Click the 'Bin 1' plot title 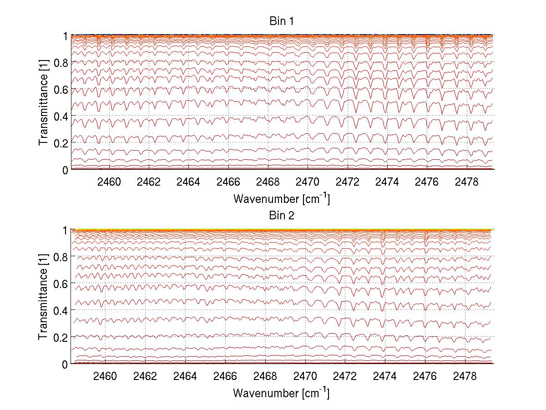281,21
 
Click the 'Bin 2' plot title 281,215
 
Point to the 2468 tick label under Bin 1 268,182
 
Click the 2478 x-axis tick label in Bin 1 465,182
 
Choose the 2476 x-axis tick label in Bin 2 425,376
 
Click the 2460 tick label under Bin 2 105,376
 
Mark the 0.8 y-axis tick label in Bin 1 61,62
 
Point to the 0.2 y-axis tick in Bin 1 61,143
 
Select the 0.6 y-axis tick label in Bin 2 61,283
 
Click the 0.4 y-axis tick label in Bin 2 61,310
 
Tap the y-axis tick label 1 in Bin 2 65,230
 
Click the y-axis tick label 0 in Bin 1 65,170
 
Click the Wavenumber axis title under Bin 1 281,198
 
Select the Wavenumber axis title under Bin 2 281,393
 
